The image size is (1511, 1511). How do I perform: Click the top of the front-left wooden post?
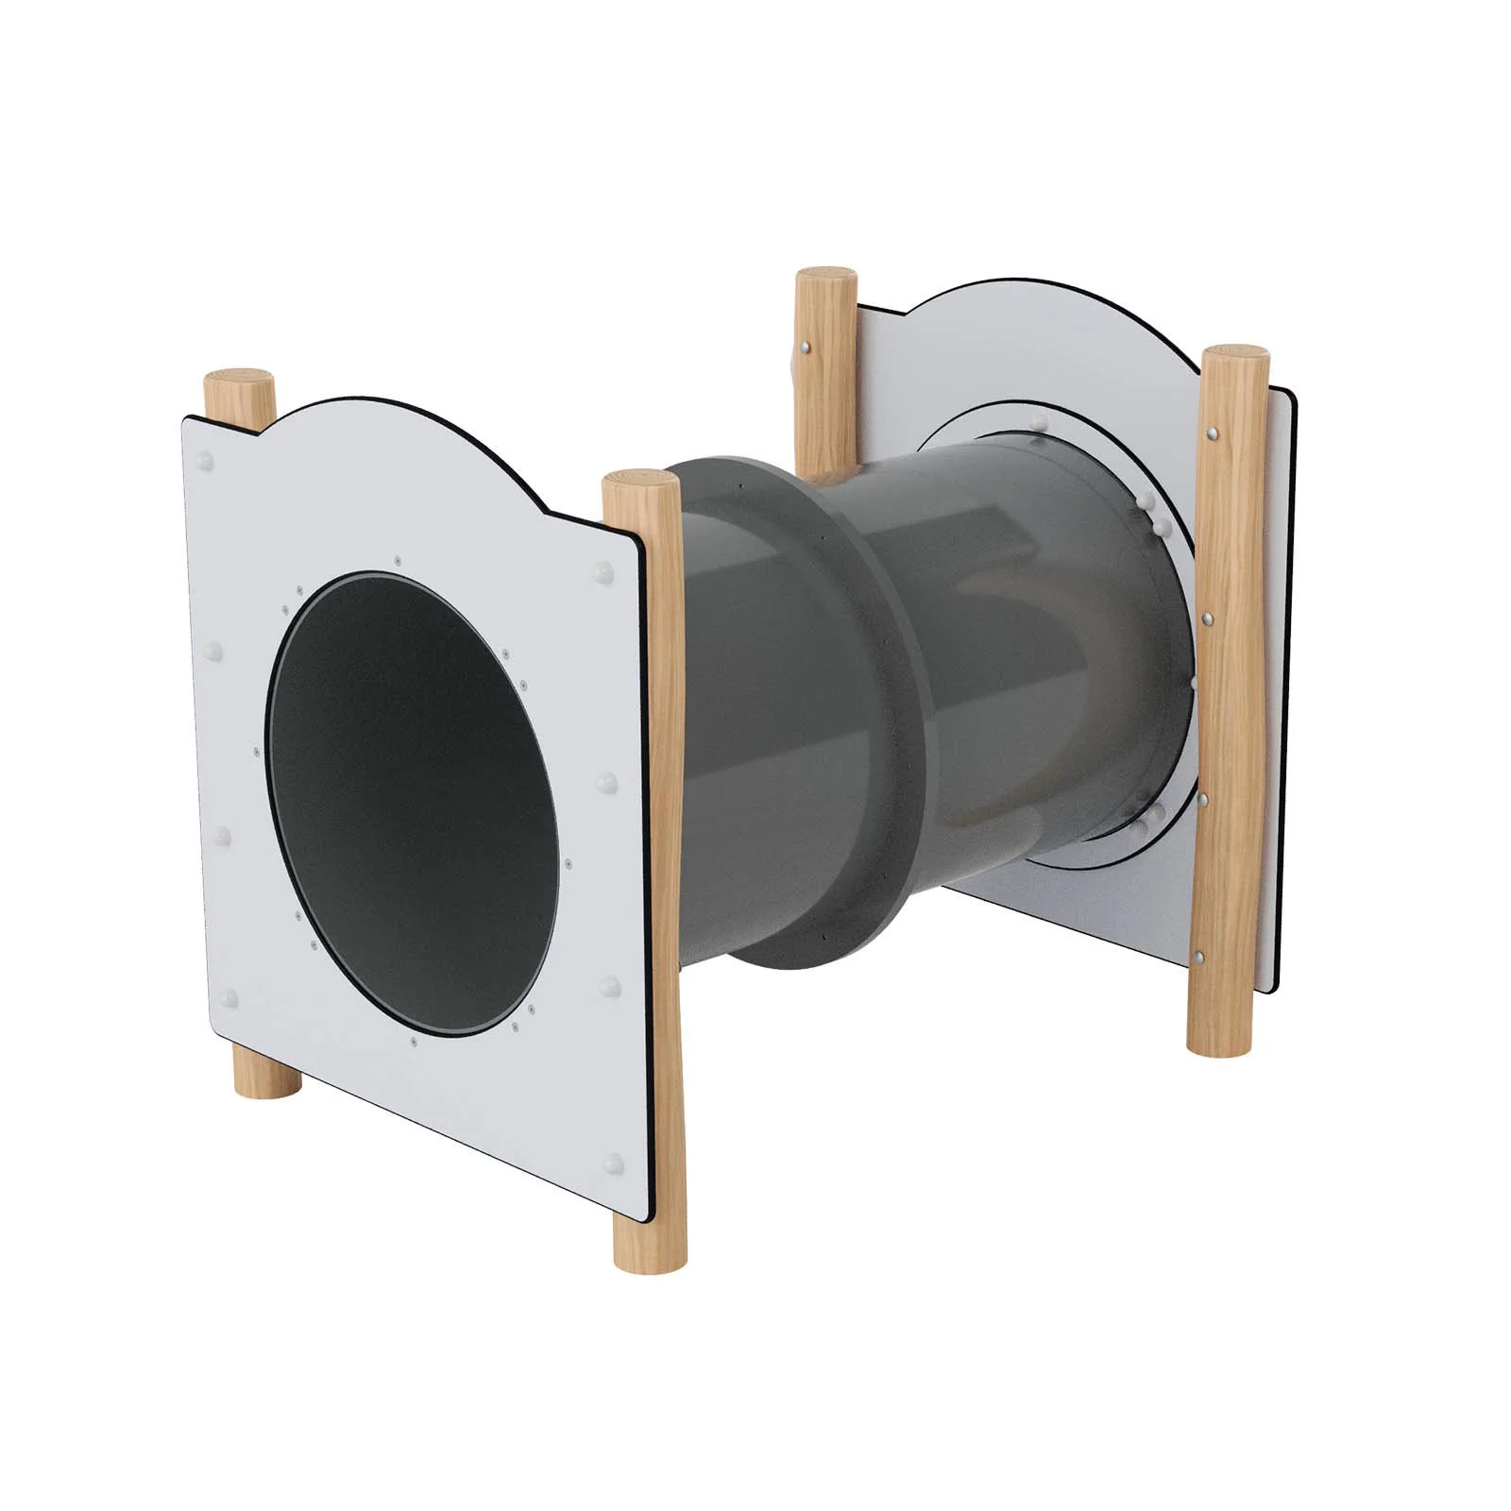click(x=240, y=385)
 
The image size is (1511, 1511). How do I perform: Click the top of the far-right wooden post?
click(x=1235, y=356)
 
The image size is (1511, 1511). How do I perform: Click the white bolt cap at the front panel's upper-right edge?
click(x=602, y=571)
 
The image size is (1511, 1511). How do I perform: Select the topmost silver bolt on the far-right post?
click(x=1212, y=434)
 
